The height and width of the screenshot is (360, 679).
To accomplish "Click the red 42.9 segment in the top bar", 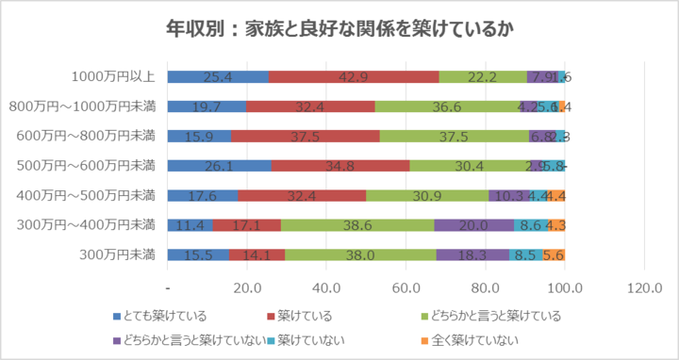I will click(x=354, y=77).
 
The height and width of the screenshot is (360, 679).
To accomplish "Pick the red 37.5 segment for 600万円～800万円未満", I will click(x=305, y=137).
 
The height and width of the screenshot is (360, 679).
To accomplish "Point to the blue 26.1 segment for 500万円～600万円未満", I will click(x=219, y=166).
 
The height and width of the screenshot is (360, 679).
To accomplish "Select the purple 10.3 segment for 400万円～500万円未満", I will click(x=509, y=196).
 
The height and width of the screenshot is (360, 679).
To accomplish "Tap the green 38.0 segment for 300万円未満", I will click(x=361, y=254).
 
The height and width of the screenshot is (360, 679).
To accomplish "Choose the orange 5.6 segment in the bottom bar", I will click(x=554, y=254).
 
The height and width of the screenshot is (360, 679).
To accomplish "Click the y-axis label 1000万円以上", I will click(x=113, y=77).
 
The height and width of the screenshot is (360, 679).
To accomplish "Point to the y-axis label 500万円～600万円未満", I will click(x=88, y=166).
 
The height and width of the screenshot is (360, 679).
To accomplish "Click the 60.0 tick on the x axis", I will click(x=406, y=287).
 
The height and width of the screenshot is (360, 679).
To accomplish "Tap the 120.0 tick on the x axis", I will click(x=644, y=287).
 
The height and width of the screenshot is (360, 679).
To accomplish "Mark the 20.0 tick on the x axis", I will click(x=247, y=287).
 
